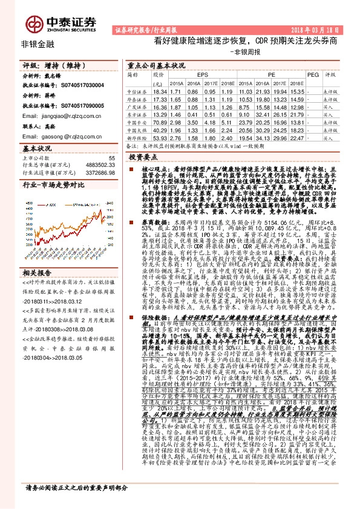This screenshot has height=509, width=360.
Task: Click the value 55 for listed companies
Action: [x=111, y=157]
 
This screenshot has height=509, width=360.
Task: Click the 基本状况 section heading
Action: [x=34, y=148]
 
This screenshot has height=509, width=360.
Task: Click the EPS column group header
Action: [x=202, y=74]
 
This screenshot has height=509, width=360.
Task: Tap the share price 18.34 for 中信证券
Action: [x=160, y=90]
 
